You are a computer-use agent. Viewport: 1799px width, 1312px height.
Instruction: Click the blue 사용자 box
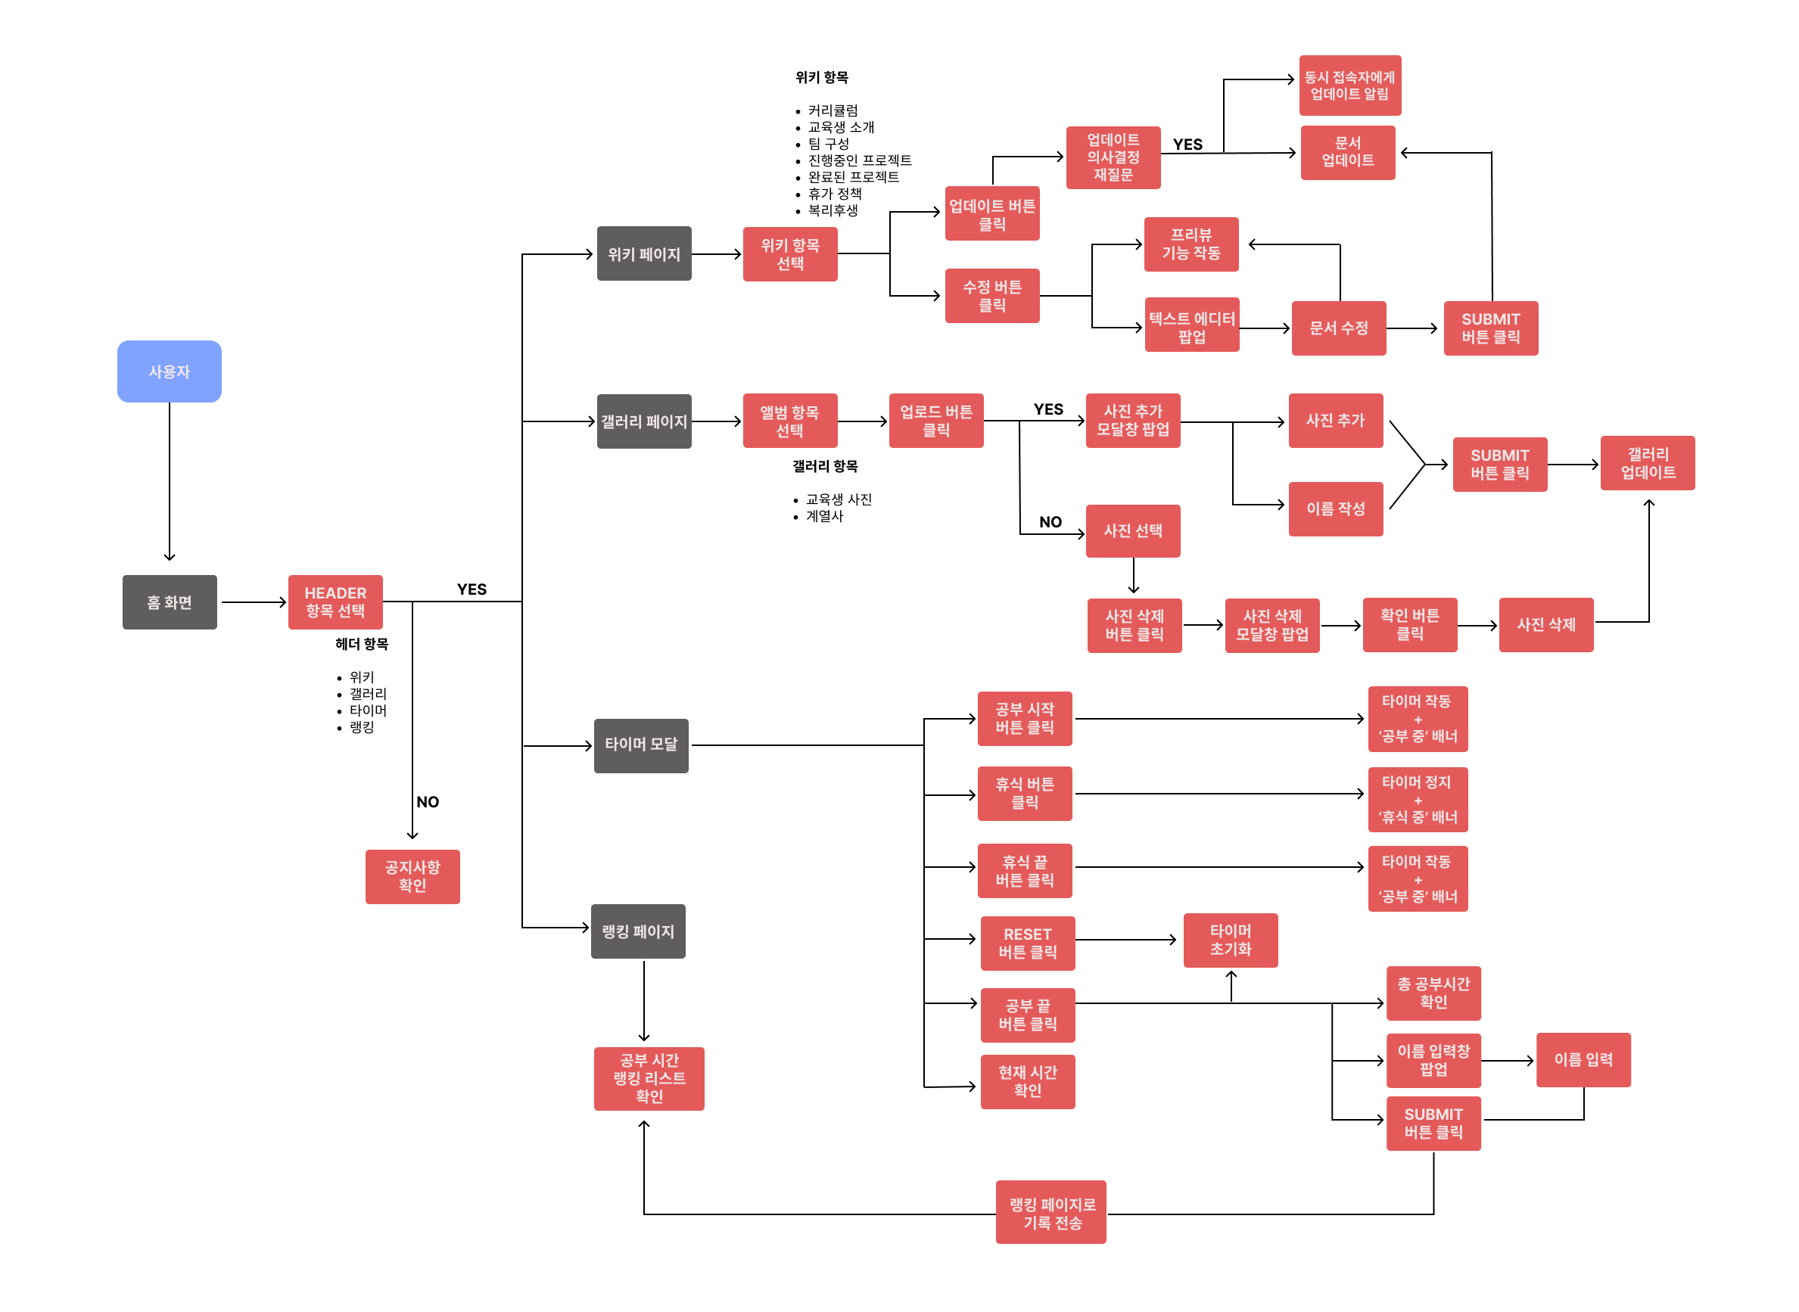click(x=170, y=371)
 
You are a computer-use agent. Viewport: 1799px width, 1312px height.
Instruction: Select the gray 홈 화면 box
click(x=170, y=602)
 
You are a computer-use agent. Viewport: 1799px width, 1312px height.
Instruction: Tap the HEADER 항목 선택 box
click(x=335, y=602)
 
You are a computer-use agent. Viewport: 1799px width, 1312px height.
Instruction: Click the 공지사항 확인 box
click(x=412, y=876)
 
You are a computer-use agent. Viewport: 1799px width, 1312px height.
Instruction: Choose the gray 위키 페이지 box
click(x=643, y=254)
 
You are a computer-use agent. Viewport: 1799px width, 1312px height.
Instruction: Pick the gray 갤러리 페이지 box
click(x=643, y=421)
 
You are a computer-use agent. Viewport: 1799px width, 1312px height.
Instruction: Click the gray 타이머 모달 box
click(x=641, y=745)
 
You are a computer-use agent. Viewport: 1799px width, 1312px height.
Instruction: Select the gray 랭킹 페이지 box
click(x=638, y=931)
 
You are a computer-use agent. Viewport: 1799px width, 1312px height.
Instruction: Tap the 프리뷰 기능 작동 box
click(x=1191, y=244)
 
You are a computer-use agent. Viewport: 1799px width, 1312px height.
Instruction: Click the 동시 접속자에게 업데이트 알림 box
click(x=1349, y=85)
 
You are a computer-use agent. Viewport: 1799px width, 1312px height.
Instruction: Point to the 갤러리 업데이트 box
click(x=1648, y=463)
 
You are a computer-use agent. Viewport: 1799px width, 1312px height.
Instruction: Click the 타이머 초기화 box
click(x=1231, y=940)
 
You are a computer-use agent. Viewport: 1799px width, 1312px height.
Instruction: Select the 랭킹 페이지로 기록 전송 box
click(x=1050, y=1212)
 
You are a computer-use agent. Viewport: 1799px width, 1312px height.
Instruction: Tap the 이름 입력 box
click(x=1583, y=1059)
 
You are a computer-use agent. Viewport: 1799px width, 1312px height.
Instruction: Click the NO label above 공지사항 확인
click(x=428, y=801)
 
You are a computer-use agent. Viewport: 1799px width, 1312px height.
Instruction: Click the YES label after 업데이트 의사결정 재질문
click(x=1187, y=145)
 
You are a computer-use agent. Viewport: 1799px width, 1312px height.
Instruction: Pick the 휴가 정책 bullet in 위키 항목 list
click(x=834, y=194)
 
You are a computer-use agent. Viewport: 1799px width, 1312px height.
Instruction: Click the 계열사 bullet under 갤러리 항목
click(x=823, y=516)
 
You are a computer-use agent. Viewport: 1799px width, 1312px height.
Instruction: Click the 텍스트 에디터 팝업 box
click(x=1191, y=326)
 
